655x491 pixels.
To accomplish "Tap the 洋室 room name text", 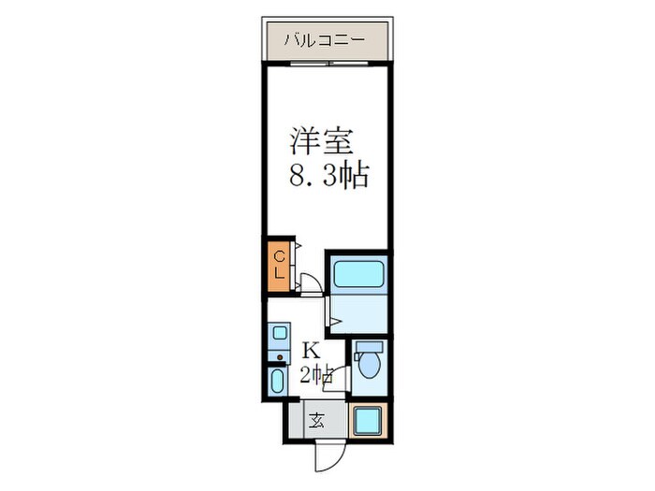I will pyautogui.click(x=321, y=141).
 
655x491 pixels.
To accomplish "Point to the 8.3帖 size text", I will pyautogui.click(x=327, y=175).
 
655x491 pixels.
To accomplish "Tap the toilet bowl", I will pyautogui.click(x=370, y=366).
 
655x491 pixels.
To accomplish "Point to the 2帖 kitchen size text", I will pyautogui.click(x=316, y=375).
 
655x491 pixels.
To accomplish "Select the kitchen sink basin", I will pyautogui.click(x=278, y=332).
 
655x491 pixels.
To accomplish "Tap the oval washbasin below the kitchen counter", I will pyautogui.click(x=278, y=382).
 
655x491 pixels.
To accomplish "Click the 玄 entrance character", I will pyautogui.click(x=317, y=420).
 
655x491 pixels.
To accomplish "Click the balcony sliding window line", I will pyautogui.click(x=327, y=64).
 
